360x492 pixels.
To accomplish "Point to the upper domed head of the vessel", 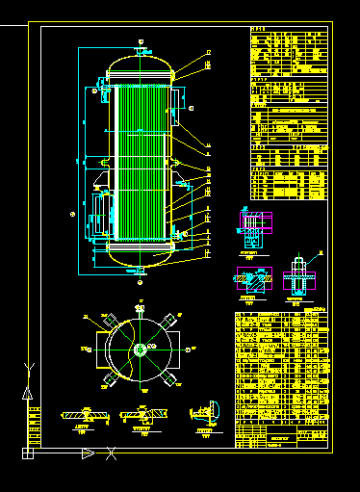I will click(x=141, y=67).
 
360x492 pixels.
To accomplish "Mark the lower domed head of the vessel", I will click(x=141, y=258).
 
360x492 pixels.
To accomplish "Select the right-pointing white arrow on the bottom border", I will click(x=88, y=453).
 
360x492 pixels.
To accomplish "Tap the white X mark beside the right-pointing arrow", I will click(x=112, y=453).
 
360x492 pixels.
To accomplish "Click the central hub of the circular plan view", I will click(x=141, y=349).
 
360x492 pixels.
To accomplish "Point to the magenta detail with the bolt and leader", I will click(x=300, y=276).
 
